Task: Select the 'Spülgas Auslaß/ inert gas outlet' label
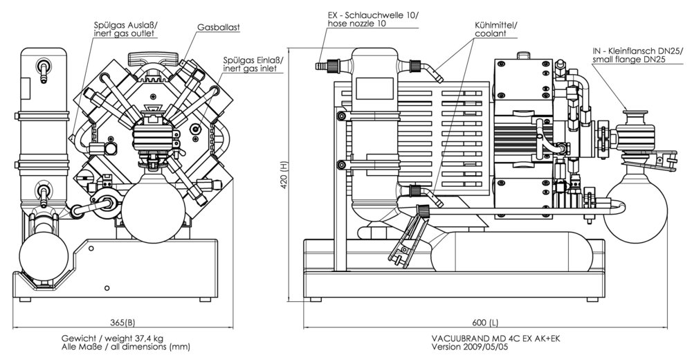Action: [125, 28]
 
